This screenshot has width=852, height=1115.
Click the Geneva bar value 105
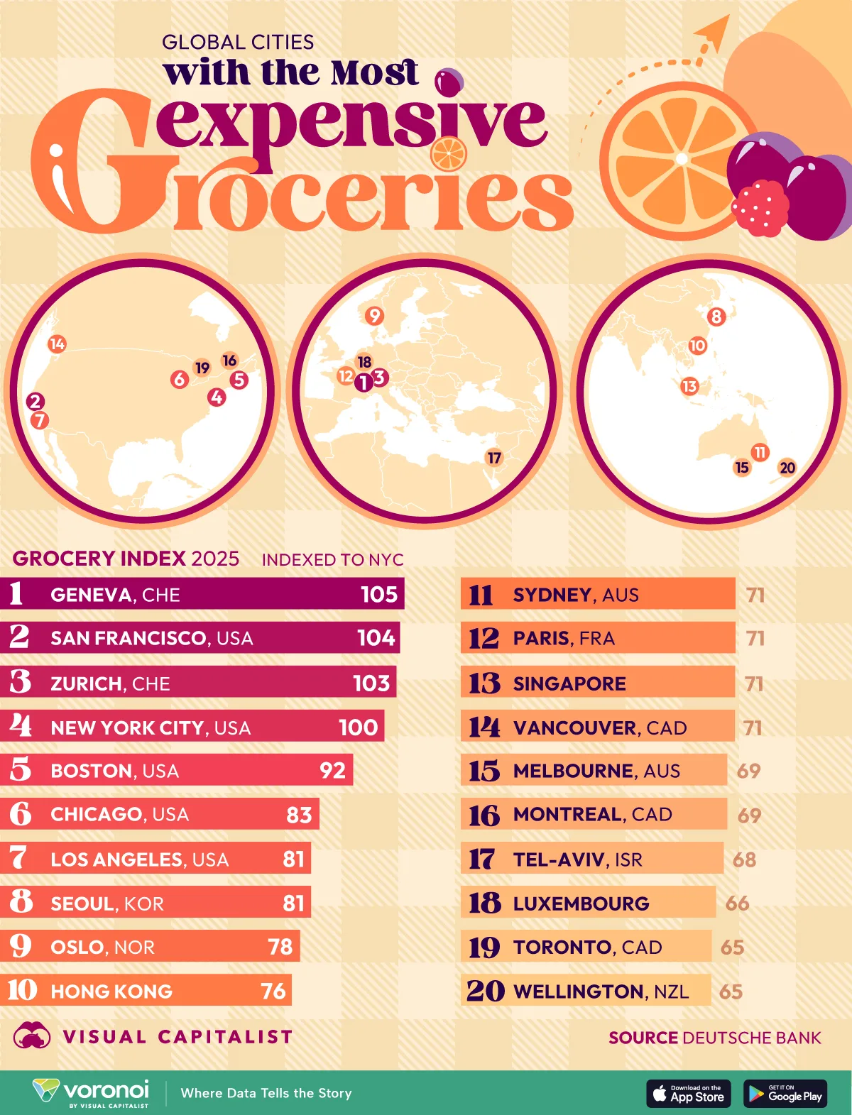[x=379, y=594]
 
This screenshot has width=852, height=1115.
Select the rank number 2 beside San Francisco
[x=19, y=637]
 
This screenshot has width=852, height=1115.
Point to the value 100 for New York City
[x=358, y=727]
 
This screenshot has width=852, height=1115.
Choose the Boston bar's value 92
[x=332, y=771]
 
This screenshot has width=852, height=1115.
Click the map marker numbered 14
[x=57, y=344]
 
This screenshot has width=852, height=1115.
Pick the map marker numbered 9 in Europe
[x=374, y=316]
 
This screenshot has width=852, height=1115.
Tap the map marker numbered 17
[x=494, y=458]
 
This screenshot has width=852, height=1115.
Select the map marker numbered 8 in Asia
[x=716, y=317]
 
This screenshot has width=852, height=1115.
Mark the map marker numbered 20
[x=787, y=468]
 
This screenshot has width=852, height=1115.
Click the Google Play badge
[x=785, y=1094]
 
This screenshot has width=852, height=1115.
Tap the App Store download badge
[x=688, y=1094]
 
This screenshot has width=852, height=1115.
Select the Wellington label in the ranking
[x=579, y=992]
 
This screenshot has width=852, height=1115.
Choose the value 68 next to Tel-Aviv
[x=744, y=859]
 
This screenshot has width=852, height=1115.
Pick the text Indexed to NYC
[x=332, y=560]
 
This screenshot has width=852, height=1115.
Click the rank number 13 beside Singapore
[x=484, y=683]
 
